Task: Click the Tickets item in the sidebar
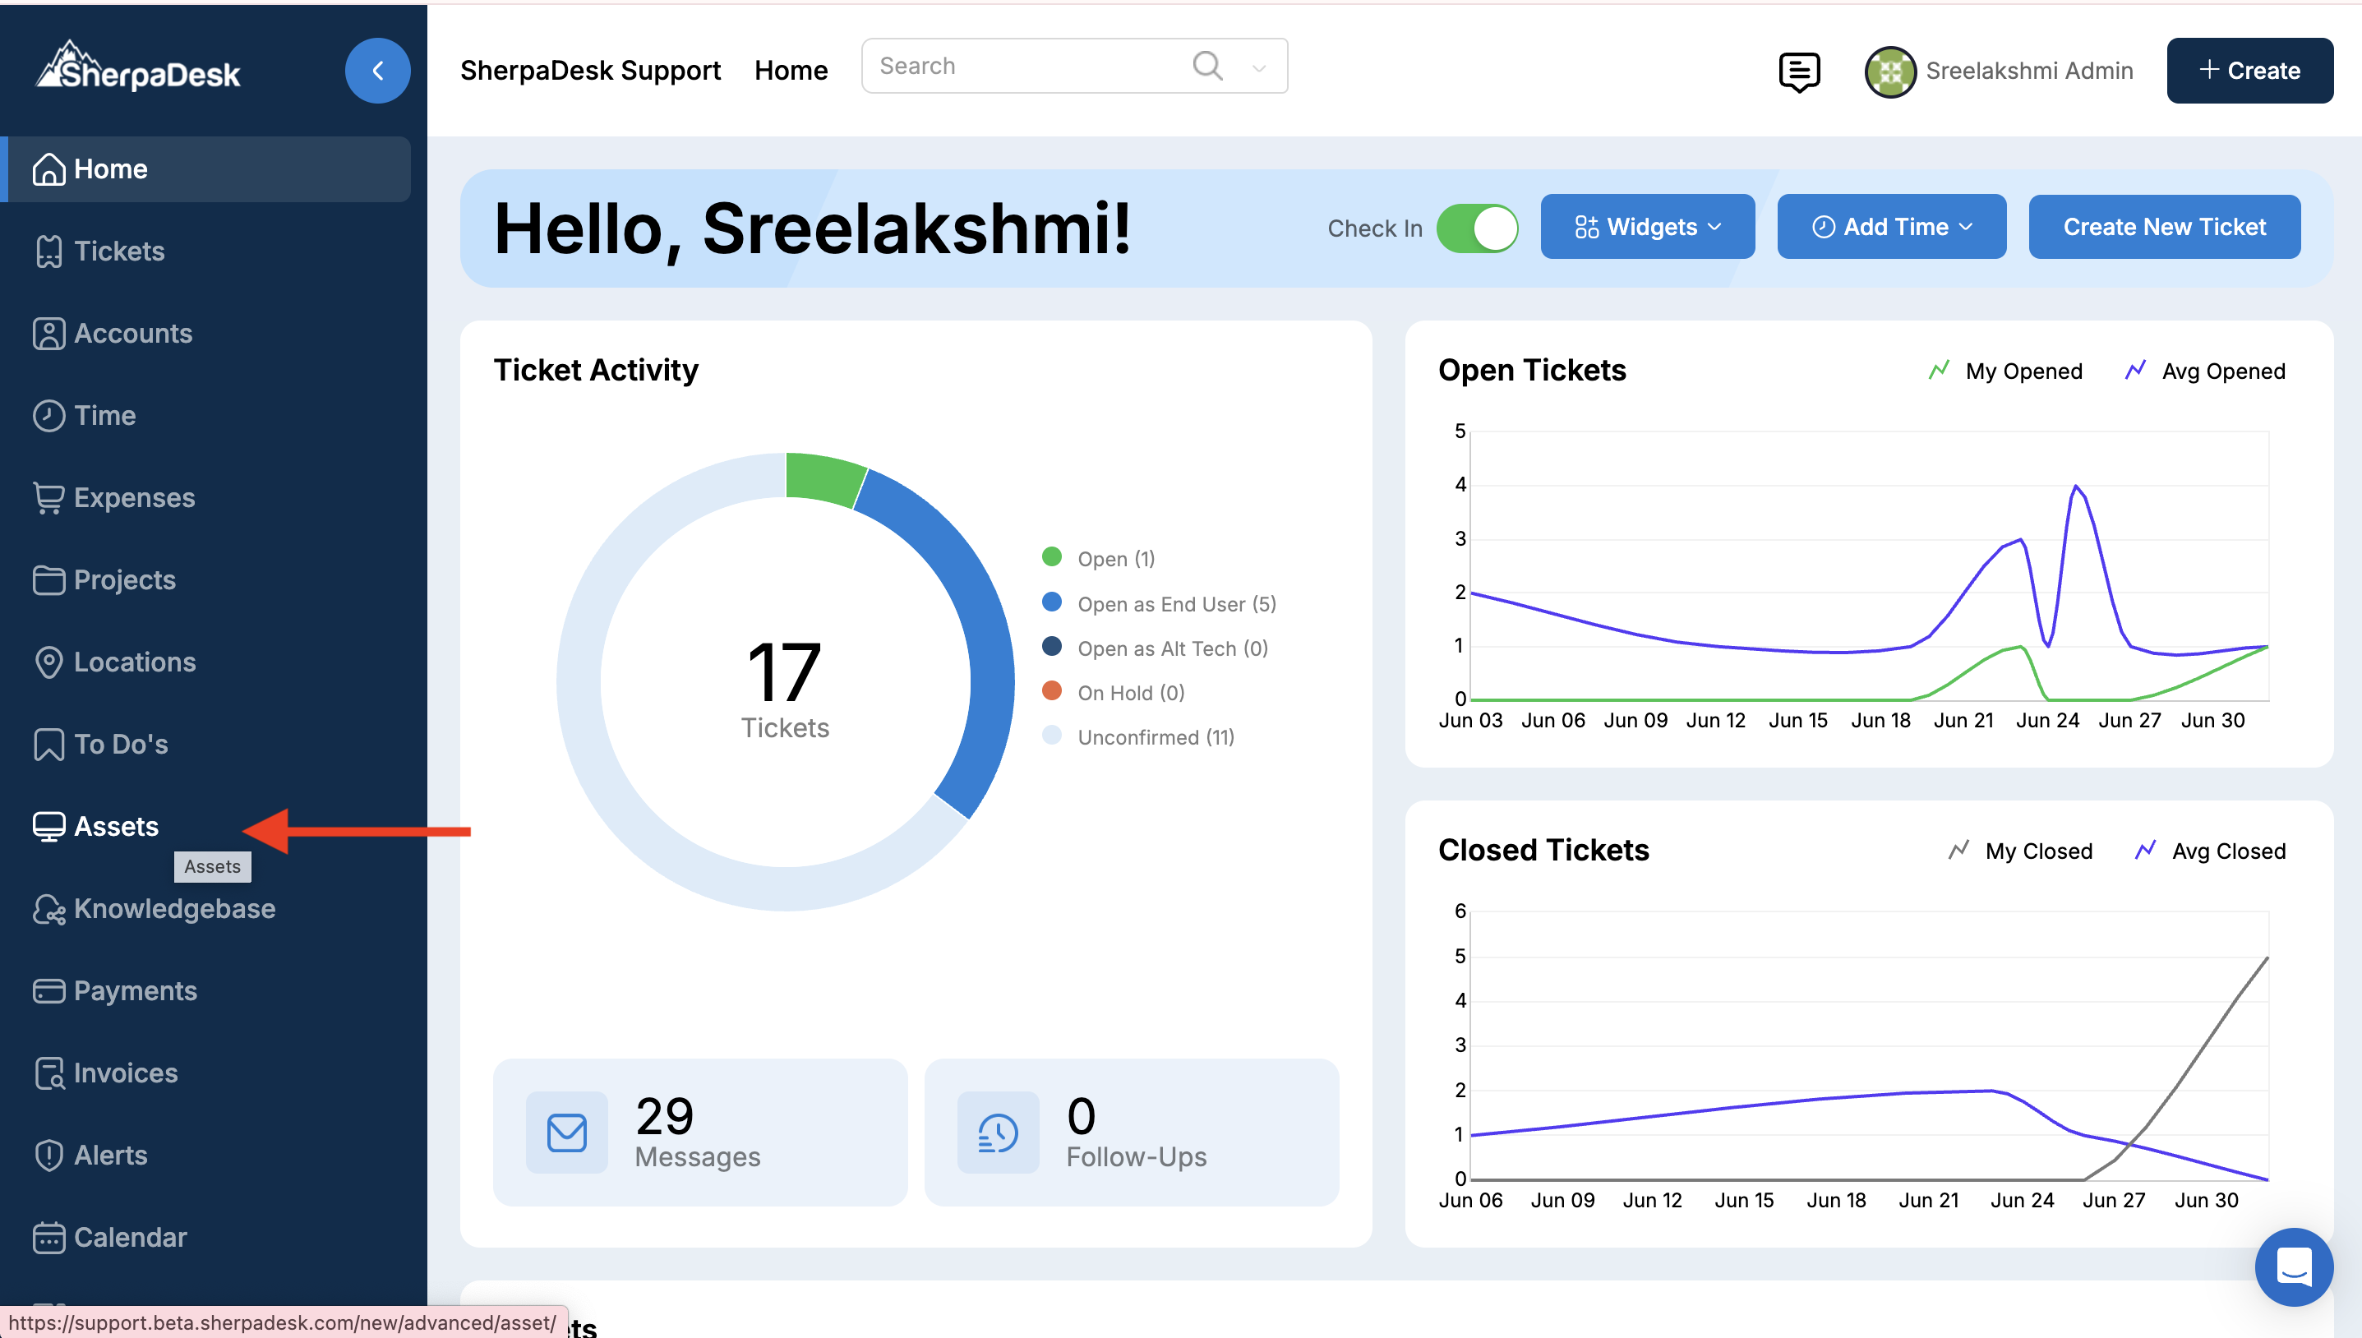[99, 251]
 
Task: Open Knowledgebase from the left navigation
[155, 908]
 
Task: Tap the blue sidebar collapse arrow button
[377, 71]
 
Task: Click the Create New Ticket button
[2164, 226]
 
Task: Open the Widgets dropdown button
[1647, 226]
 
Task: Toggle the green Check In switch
[1478, 228]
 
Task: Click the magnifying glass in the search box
[1207, 65]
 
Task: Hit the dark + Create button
[2249, 71]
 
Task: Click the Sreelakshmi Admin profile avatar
[1889, 71]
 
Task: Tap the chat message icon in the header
[1799, 72]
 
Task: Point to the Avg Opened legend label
[2223, 371]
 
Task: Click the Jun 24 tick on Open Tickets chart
[2047, 721]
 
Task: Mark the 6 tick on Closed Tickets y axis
[1460, 911]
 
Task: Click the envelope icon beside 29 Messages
[567, 1133]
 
